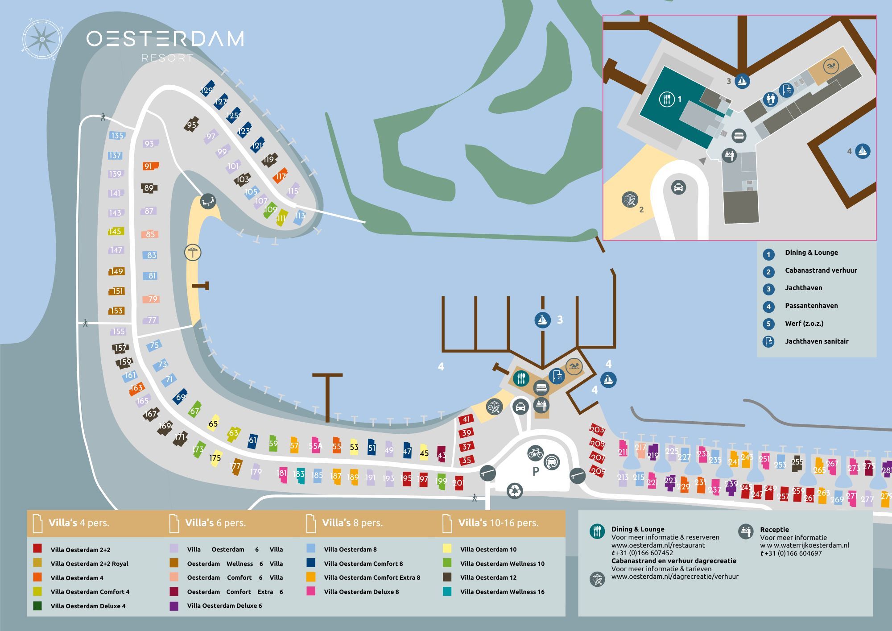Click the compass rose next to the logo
coord(42,39)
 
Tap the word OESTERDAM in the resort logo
coord(165,39)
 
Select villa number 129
coord(207,90)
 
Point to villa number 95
coord(192,125)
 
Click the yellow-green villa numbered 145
coord(115,231)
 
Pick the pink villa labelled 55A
coord(315,445)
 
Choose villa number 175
coord(215,458)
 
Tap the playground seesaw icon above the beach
coord(208,201)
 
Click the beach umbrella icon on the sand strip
coord(193,253)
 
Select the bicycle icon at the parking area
coord(535,453)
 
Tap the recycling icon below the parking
coord(515,491)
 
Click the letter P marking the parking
coord(536,471)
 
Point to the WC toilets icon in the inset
coord(770,99)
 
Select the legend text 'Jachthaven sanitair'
coord(816,341)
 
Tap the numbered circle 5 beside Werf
coord(768,324)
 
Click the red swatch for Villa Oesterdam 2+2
coord(37,548)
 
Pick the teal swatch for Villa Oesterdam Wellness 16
coord(447,591)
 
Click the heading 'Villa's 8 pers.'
coord(352,523)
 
